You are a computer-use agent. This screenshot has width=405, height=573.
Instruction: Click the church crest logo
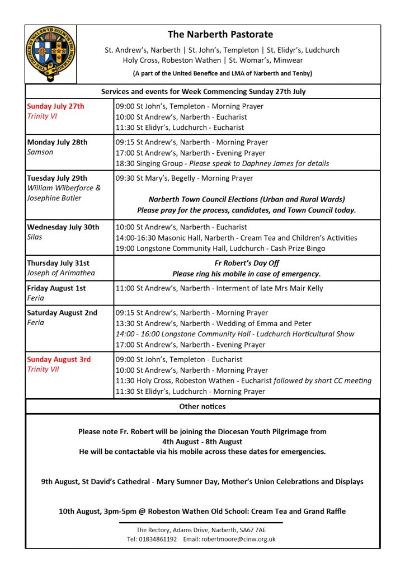pos(50,54)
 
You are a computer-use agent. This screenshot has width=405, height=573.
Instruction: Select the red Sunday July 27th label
pos(56,106)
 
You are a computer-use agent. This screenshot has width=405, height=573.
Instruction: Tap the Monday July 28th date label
pos(58,142)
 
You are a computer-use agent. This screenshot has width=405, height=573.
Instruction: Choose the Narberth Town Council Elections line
pos(247,199)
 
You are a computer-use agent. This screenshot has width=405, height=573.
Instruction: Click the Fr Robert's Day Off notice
pos(247,263)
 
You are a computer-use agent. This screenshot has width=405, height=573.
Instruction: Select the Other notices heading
pos(202,406)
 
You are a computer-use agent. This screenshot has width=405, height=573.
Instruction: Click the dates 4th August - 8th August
pos(202,442)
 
